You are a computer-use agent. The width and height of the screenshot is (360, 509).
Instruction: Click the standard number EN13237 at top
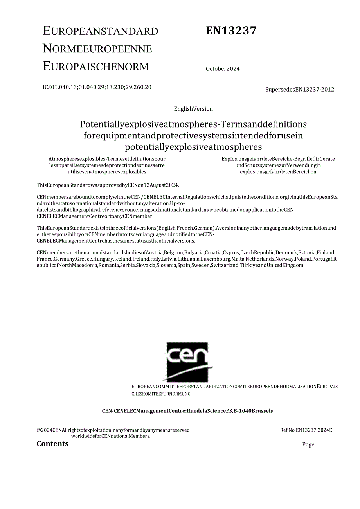231,31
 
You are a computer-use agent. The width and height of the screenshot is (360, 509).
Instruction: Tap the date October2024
223,69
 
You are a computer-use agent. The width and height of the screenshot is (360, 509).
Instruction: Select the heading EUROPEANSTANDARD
101,31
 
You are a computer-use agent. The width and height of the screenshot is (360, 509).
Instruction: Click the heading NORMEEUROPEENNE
97,49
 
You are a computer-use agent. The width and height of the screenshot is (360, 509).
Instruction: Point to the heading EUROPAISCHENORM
96,67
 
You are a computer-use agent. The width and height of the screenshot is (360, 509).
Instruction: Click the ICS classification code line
97,87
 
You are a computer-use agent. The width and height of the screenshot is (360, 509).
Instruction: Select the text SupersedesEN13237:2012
300,90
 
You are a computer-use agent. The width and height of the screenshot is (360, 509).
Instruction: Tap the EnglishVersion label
193,109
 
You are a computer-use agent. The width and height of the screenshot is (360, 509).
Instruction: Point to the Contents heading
52,444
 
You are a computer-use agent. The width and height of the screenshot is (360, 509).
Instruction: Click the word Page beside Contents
308,444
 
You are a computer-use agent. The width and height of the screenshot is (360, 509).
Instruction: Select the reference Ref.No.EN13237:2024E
306,430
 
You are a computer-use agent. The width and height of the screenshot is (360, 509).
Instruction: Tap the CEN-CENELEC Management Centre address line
187,411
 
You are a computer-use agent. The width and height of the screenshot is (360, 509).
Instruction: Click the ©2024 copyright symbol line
113,430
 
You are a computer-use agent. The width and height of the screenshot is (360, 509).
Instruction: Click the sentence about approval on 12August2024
108,185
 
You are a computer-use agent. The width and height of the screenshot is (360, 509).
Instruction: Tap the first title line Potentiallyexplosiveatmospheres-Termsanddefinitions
193,124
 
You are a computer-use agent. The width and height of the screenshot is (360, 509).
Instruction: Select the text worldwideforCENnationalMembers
111,436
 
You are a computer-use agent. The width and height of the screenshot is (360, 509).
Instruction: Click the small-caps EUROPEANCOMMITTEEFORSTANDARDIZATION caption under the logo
184,387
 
